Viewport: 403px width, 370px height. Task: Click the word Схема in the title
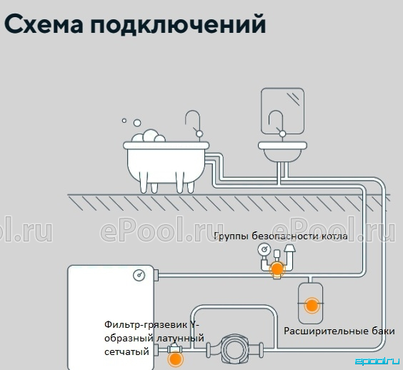[x=44, y=24]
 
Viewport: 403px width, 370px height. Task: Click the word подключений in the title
[x=178, y=25]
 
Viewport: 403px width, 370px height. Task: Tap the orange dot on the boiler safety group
[x=277, y=269]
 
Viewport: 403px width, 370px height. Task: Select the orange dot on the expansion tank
[x=312, y=306]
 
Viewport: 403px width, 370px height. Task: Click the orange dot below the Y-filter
[x=176, y=359]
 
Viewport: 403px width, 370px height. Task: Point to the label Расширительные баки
[x=339, y=331]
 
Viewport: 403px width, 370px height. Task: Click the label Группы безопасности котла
[x=281, y=236]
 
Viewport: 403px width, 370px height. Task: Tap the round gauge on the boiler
[x=139, y=276]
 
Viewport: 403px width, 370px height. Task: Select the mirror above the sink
[x=282, y=111]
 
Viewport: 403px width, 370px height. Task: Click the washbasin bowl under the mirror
[x=282, y=151]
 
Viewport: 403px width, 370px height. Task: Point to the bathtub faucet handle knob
[x=199, y=134]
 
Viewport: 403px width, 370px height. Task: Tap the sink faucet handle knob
[x=282, y=134]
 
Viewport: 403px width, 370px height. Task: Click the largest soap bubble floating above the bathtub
[x=137, y=123]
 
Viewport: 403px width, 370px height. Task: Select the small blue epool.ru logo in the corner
[x=377, y=361]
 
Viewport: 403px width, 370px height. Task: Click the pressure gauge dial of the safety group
[x=264, y=249]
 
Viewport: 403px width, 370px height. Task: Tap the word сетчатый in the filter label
[x=126, y=351]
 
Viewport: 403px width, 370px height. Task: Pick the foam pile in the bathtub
[x=149, y=136]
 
